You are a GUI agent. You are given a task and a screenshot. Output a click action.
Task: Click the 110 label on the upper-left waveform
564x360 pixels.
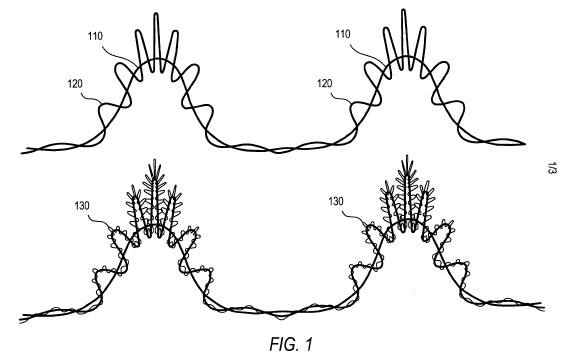click(x=95, y=36)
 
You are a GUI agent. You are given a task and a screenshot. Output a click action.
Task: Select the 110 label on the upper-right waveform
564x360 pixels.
click(x=343, y=34)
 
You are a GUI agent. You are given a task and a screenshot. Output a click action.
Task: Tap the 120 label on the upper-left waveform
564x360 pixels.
click(x=75, y=84)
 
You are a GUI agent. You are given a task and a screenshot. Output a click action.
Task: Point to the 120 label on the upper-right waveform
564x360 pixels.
click(x=324, y=83)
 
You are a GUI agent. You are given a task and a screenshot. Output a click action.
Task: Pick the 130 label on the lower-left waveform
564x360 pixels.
click(x=82, y=206)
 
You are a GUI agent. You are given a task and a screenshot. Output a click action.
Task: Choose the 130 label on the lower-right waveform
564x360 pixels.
click(x=336, y=201)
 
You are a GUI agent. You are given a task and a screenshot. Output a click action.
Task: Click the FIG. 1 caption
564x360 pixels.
click(x=291, y=344)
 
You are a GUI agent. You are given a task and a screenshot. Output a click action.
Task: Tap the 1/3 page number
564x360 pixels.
click(x=551, y=168)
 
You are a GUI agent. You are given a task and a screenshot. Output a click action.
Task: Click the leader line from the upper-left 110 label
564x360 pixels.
click(x=118, y=54)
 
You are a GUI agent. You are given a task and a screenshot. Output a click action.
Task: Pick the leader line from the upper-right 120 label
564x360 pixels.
click(x=341, y=98)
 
